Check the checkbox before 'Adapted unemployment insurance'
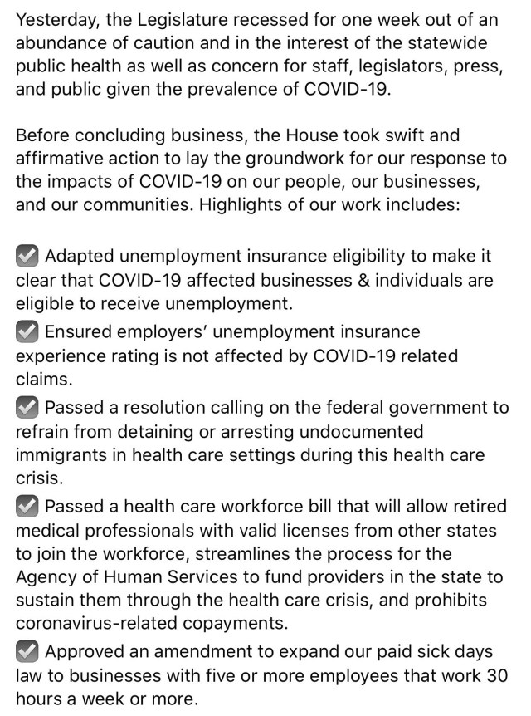[27, 256]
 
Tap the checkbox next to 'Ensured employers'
[27, 332]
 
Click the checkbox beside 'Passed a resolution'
[27, 408]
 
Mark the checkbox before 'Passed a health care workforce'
[27, 507]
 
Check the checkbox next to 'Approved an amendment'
[27, 651]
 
